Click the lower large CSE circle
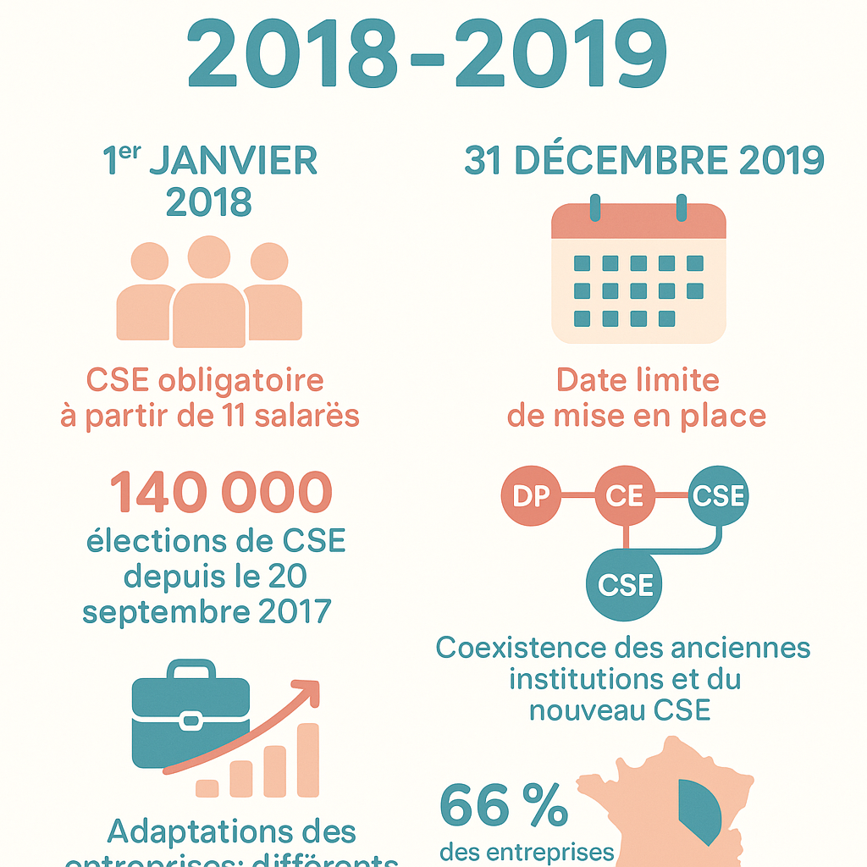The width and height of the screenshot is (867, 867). [x=625, y=583]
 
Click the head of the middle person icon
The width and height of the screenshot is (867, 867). [x=209, y=257]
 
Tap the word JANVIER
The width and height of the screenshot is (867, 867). [x=234, y=162]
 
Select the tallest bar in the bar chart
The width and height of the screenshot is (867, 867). [x=307, y=759]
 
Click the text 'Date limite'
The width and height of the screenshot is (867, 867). [x=638, y=380]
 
